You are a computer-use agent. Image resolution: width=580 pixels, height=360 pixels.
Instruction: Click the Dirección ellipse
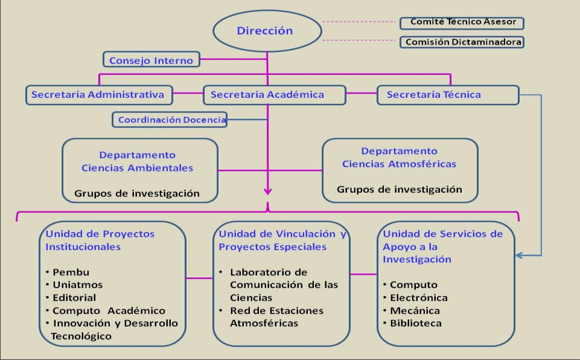267,31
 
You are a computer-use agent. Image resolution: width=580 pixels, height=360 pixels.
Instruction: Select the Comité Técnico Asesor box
462,22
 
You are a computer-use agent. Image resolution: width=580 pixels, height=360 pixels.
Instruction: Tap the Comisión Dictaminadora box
462,42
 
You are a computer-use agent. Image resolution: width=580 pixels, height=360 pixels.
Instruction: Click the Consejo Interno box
151,59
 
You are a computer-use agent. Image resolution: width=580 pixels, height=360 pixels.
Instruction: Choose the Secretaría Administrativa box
99,95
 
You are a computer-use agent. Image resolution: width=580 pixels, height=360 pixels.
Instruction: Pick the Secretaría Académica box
275,95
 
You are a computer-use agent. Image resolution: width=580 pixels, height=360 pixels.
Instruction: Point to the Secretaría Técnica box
448,95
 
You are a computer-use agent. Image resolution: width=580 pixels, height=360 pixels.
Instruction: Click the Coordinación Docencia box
170,120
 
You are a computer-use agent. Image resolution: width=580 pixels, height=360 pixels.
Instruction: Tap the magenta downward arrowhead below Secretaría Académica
268,191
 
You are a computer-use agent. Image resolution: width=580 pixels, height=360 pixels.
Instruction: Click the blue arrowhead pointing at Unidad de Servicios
518,255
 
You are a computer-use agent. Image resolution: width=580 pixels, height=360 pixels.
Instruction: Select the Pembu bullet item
68,272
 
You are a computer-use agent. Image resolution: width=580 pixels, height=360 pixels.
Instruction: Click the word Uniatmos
78,285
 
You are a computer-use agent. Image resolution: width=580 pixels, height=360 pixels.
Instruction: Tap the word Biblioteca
416,323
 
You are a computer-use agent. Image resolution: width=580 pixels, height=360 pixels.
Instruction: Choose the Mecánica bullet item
412,310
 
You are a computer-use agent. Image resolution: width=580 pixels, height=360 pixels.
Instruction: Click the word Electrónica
419,298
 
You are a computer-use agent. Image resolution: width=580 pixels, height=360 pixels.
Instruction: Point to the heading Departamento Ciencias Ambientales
137,161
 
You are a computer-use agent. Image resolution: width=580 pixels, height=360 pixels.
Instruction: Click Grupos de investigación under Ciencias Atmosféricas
400,189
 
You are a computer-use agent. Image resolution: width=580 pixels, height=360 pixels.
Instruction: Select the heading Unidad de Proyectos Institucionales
100,240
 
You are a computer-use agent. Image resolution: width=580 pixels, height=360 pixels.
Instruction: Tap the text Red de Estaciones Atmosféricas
276,317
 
